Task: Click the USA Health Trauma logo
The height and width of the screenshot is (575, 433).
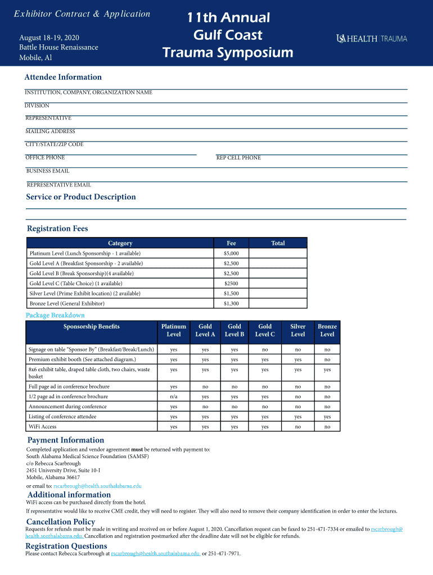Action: coord(371,38)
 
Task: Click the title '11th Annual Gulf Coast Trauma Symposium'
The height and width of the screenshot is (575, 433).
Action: coord(228,35)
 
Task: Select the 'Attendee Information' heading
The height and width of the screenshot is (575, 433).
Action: coord(63,77)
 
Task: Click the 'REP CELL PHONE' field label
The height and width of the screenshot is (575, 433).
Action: coord(238,158)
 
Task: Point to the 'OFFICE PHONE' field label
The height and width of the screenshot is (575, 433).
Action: coord(46,158)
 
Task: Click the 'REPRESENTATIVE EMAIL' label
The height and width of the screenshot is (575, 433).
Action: coord(58,185)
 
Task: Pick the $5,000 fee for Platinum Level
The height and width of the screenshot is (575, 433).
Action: coord(231,253)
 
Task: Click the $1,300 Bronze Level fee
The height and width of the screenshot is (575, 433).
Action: coord(231,304)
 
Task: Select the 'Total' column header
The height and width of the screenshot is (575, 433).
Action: coord(278,243)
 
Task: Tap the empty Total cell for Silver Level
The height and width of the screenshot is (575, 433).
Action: coord(278,294)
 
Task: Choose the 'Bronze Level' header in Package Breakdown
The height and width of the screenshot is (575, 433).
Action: coord(327,330)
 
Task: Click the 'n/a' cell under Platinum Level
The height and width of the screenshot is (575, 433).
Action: coord(174,396)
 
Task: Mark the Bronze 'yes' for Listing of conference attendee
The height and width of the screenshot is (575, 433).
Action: coord(327,417)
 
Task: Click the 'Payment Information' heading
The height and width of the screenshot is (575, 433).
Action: coord(66,440)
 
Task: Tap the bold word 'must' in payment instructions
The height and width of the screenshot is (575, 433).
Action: coord(137,450)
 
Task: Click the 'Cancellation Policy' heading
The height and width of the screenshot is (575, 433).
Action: coord(61,522)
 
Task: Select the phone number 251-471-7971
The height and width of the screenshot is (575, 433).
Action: coord(225,554)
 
